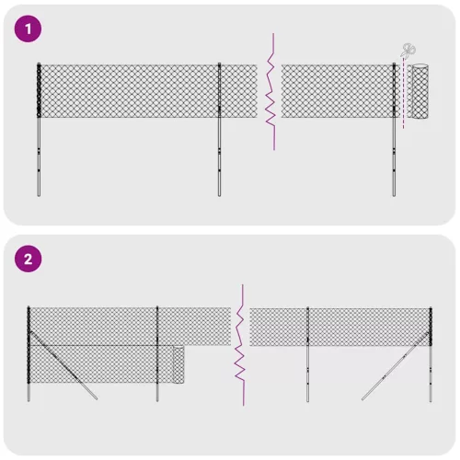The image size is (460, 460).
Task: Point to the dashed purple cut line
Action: point(403,101)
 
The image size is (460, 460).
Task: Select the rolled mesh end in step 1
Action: point(421,91)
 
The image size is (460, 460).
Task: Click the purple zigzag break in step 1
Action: point(270,92)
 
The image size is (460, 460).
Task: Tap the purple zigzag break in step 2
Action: point(241,345)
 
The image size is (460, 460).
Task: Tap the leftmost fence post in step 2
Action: point(29,354)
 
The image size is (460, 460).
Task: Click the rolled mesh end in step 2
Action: point(178,367)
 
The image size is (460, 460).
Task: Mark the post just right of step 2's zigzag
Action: point(307,354)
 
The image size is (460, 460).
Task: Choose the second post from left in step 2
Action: point(157,354)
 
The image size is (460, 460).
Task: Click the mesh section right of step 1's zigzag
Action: point(336,91)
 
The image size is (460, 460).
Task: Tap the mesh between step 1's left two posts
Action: point(129,91)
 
